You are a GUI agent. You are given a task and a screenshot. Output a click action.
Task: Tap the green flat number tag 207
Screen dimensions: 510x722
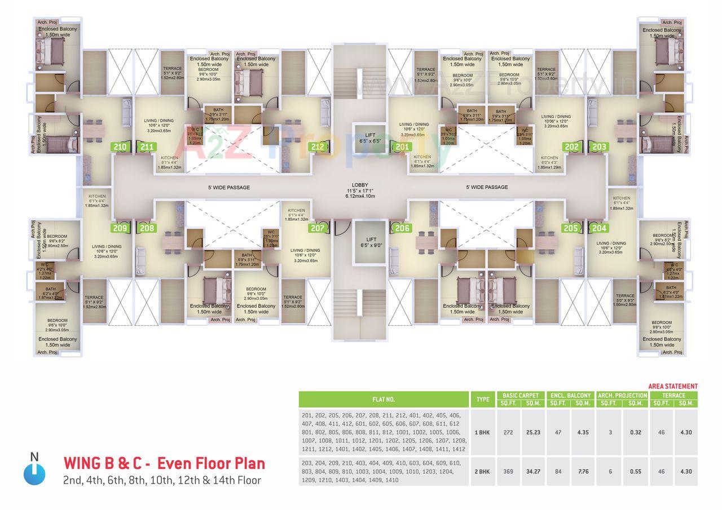(318, 228)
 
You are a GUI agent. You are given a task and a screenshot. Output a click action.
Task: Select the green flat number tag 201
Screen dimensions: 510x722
(402, 148)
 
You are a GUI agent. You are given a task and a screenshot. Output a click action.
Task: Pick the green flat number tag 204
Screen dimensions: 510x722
(600, 228)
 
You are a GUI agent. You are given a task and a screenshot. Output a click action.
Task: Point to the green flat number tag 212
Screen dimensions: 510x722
(318, 148)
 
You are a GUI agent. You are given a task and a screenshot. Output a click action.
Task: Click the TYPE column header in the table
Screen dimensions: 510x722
(483, 400)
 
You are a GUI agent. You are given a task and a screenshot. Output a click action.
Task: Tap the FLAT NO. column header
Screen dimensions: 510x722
(384, 400)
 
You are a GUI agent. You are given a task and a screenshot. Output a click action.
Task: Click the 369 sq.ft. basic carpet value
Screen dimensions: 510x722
(508, 472)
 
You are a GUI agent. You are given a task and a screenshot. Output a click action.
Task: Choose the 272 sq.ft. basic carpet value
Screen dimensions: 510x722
(508, 432)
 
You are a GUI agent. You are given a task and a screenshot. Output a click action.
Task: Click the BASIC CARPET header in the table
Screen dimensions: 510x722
(521, 396)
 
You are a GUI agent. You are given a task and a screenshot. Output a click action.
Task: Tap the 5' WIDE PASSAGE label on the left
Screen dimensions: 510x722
(228, 187)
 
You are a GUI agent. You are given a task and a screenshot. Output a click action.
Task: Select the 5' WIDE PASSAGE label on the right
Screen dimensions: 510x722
(487, 187)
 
